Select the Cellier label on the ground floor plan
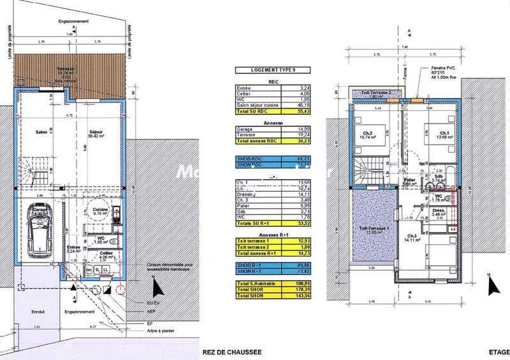pos(106,254)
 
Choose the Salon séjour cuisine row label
pos(254,104)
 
